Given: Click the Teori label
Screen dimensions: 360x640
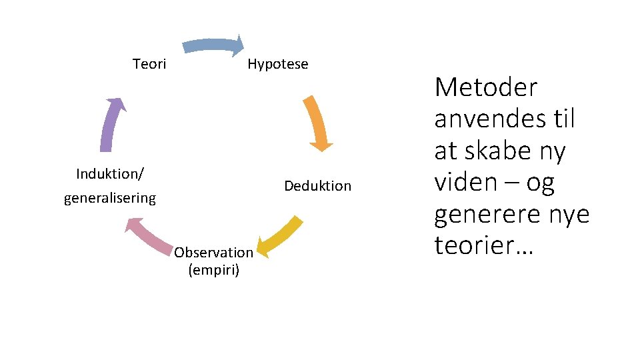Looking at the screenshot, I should pos(149,64).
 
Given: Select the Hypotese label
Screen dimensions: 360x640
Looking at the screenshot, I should pos(277,64).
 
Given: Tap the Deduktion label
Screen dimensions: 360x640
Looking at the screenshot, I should pos(317,186).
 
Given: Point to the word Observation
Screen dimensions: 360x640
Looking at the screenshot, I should pos(213,252).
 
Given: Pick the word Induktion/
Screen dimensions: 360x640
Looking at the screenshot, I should pos(111,174).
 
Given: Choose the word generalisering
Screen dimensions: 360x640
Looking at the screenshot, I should pos(110,198).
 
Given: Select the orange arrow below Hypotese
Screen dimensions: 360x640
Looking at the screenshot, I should pos(317,123).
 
